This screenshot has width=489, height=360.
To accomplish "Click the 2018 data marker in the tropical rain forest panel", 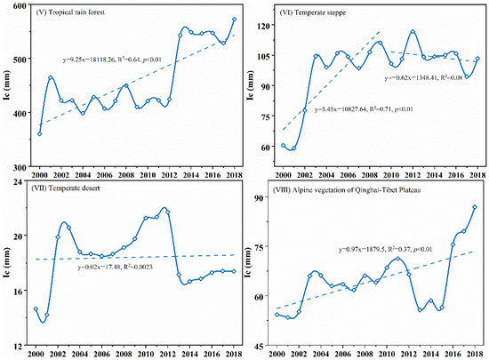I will coord(234,19).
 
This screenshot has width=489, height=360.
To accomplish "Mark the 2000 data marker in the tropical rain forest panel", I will coord(39,133).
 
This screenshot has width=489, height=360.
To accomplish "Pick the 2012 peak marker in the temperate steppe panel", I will coord(413,32).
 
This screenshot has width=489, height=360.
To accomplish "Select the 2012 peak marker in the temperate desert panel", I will coord(167,211).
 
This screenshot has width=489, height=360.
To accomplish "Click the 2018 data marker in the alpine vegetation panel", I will coord(476,207).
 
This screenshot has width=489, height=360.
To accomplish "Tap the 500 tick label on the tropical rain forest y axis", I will coord(20,60).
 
